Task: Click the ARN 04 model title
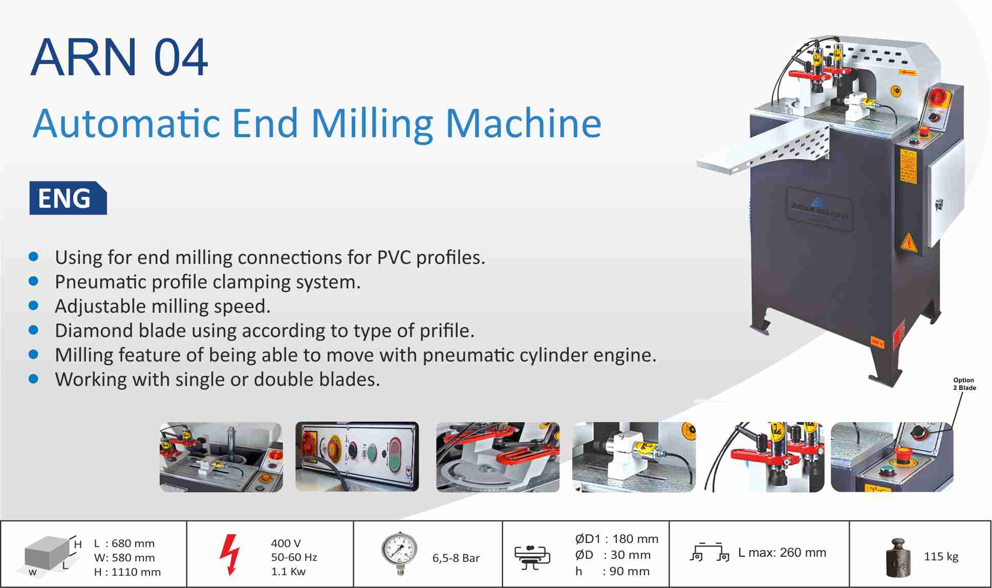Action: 119,57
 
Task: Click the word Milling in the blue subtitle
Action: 372,124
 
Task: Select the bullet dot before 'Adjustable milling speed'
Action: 34,306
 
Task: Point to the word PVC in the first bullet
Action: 394,257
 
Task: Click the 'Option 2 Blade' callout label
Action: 964,384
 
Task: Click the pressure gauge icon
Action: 399,554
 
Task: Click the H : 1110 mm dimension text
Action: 127,572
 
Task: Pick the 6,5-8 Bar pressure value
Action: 456,558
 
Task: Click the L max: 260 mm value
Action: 782,553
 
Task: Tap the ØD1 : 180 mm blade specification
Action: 616,539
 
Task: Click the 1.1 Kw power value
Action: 288,572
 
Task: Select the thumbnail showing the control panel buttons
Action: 357,457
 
